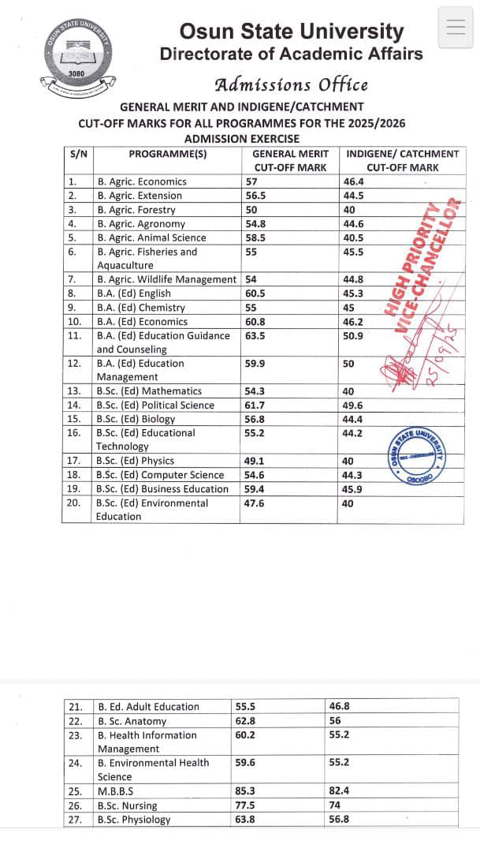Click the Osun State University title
pos(291,32)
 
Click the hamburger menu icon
pos(456,28)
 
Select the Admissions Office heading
pos(291,84)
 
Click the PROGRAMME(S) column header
pos(167,154)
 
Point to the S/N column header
pos(79,154)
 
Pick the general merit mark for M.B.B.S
pos(245,791)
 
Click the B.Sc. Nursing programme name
pos(127,805)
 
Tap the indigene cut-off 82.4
pos(339,791)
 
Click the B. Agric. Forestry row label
pos(136,210)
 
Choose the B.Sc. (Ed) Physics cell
pos(135,461)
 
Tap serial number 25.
pos(75,791)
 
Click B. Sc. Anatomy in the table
pos(132,721)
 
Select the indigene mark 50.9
pos(353,335)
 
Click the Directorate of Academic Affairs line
pos(291,54)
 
